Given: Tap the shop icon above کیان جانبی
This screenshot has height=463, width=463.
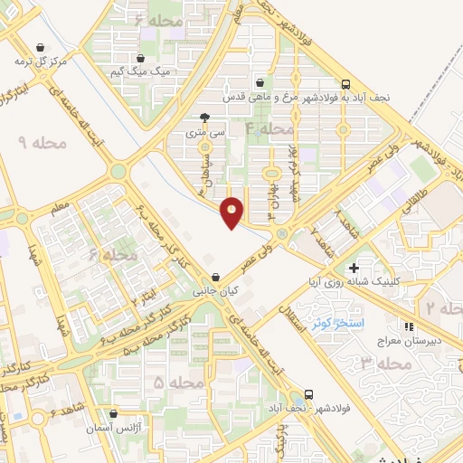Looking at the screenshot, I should (214, 278).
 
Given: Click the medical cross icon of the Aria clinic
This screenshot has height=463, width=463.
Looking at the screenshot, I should (354, 268).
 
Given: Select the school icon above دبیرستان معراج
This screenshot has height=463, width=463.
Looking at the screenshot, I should (410, 326).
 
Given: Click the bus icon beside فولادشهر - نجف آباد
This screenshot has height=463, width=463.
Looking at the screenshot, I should (309, 395).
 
